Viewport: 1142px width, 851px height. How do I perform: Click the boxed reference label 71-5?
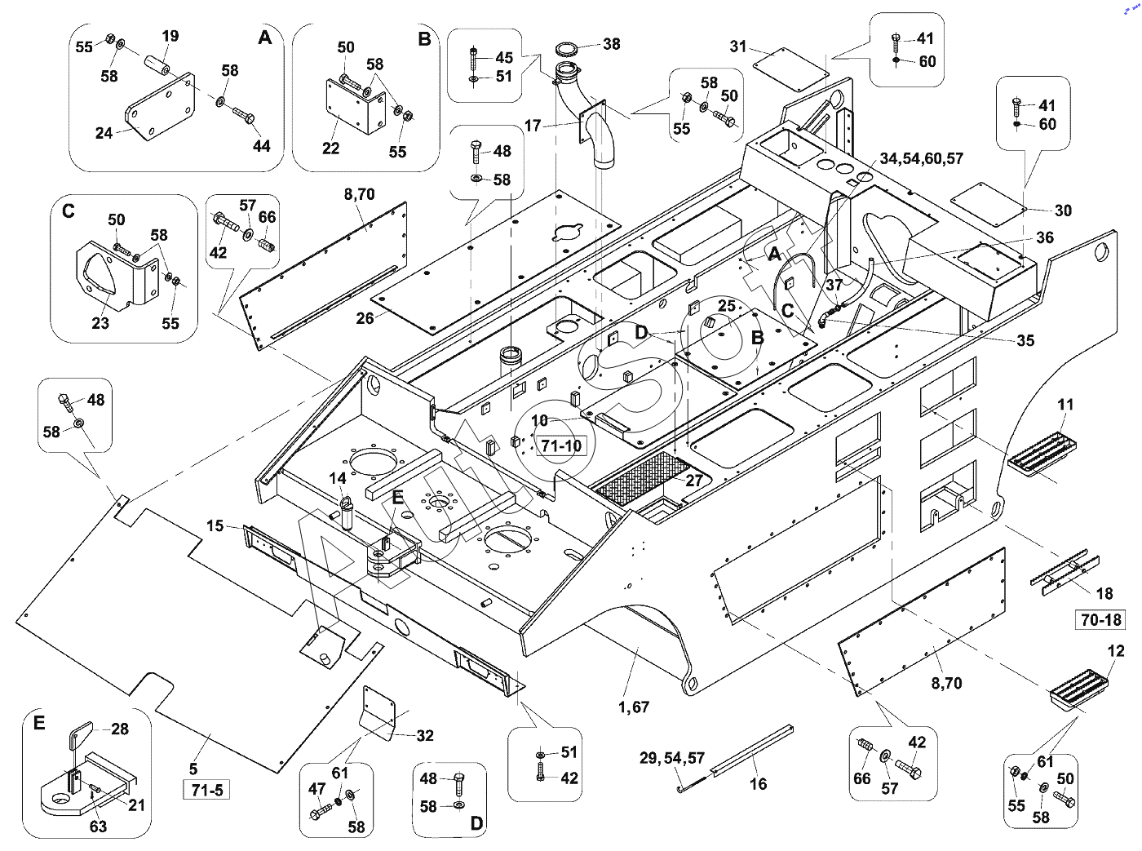pyautogui.click(x=207, y=790)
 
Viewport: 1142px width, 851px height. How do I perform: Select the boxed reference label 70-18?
pyautogui.click(x=1101, y=620)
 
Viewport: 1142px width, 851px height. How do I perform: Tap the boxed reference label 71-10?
pyautogui.click(x=561, y=445)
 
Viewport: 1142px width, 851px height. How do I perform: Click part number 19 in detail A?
pyautogui.click(x=170, y=36)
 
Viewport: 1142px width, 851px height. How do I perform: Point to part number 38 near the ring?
pyautogui.click(x=611, y=44)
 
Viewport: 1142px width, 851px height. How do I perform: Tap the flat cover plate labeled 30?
pyautogui.click(x=989, y=204)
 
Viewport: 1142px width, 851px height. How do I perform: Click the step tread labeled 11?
pyautogui.click(x=1042, y=455)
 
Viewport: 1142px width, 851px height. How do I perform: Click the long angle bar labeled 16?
pyautogui.click(x=751, y=750)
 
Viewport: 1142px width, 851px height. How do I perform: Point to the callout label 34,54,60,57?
pyautogui.click(x=921, y=158)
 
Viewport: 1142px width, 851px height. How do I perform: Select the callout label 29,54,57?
pyautogui.click(x=672, y=758)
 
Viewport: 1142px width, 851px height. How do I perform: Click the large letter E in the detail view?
pyautogui.click(x=39, y=723)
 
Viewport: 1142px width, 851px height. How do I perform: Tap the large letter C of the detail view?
pyautogui.click(x=68, y=211)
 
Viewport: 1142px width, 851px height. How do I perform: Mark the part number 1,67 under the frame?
pyautogui.click(x=634, y=707)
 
